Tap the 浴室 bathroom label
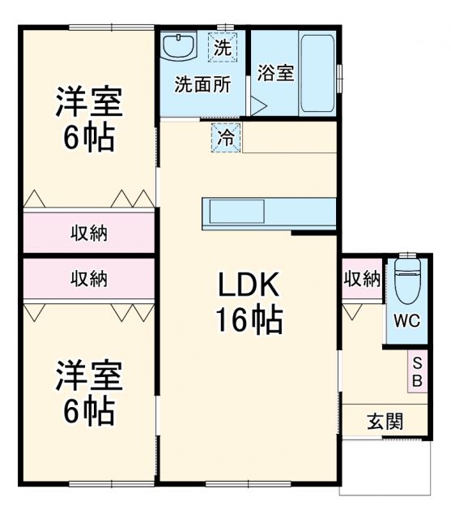[x=275, y=72]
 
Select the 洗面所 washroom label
[x=202, y=84]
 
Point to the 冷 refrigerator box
[x=228, y=137]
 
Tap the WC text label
[x=406, y=320]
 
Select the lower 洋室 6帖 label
[x=88, y=394]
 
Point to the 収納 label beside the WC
[x=361, y=279]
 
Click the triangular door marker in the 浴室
[x=257, y=106]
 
